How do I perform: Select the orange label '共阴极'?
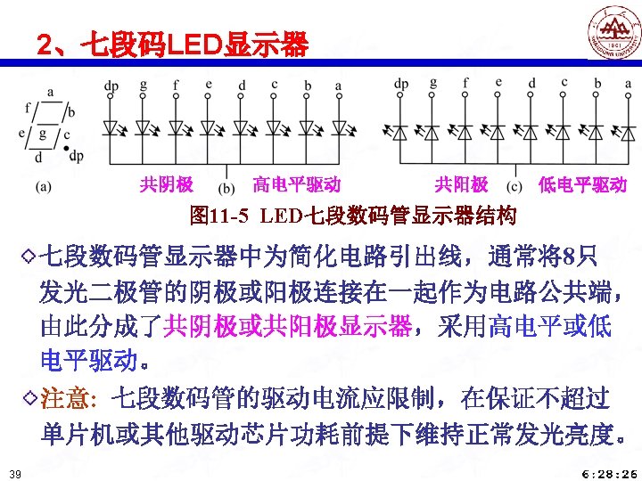click(x=167, y=184)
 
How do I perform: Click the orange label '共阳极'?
click(x=461, y=184)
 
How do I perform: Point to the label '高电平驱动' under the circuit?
click(x=296, y=184)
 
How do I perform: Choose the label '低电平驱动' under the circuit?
click(x=582, y=184)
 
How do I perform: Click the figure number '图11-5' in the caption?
click(x=220, y=215)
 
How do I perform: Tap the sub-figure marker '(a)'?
click(x=44, y=186)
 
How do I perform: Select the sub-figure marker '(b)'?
click(x=226, y=187)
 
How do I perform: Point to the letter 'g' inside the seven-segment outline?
click(x=42, y=135)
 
